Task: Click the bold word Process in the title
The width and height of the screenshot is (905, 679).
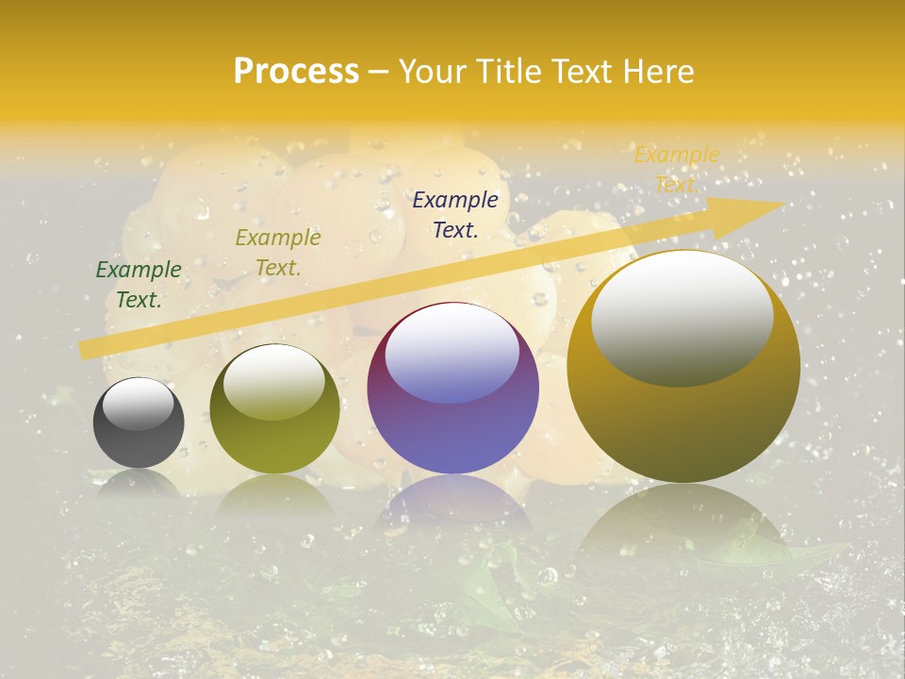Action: (x=296, y=72)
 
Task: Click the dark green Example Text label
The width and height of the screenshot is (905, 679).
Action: (x=139, y=285)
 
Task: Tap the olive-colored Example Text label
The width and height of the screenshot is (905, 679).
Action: (x=277, y=253)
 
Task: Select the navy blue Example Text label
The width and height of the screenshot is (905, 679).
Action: (x=455, y=214)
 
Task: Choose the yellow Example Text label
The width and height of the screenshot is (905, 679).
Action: (x=676, y=169)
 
